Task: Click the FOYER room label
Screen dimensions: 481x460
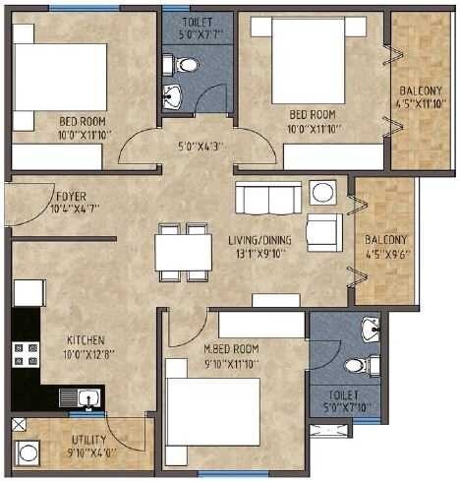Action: tap(69, 196)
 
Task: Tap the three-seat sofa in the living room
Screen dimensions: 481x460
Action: tap(267, 198)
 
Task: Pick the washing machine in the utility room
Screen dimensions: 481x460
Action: tap(29, 453)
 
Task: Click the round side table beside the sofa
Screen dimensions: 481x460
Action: tap(321, 192)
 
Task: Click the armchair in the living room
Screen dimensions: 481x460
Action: tap(323, 232)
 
